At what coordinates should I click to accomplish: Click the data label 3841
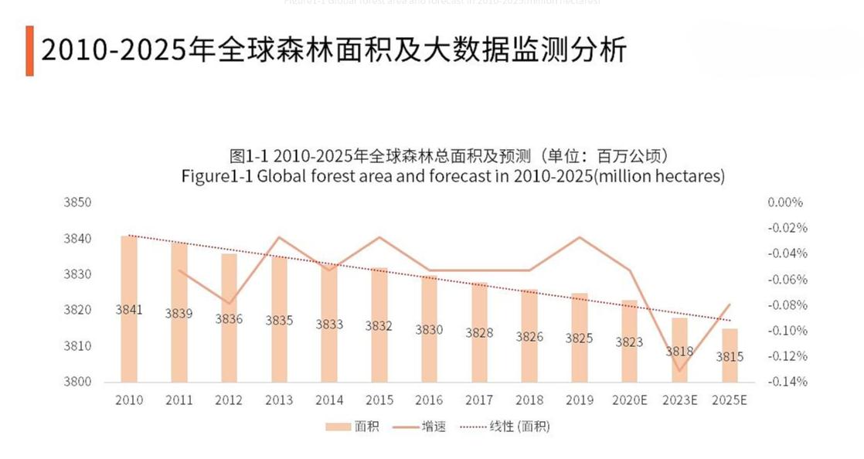click(x=129, y=310)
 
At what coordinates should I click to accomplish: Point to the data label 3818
click(x=679, y=352)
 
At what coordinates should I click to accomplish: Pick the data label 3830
click(x=430, y=330)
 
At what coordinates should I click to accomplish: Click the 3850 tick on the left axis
click(x=77, y=202)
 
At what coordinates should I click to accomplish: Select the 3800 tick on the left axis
click(x=77, y=382)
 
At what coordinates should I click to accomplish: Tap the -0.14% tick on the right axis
click(x=786, y=382)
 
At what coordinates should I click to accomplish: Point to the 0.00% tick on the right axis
click(x=786, y=202)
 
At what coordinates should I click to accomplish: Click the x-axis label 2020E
click(x=629, y=400)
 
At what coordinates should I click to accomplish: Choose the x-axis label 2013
click(x=279, y=400)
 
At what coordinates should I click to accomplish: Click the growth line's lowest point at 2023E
click(x=680, y=371)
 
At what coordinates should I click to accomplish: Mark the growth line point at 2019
click(x=580, y=237)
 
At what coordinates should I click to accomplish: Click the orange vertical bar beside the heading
click(x=29, y=51)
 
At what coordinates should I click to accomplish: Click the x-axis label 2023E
click(x=679, y=400)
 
